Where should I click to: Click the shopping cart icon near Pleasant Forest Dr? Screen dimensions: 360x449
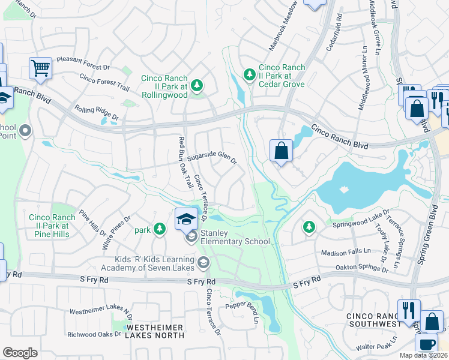(x=41, y=68)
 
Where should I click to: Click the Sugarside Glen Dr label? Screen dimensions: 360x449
(x=212, y=158)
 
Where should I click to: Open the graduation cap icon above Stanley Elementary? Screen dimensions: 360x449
(x=186, y=218)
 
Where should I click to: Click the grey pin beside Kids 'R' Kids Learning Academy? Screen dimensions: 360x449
(x=203, y=262)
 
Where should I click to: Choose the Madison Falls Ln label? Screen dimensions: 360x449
(x=346, y=252)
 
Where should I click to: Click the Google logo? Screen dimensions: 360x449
(x=20, y=353)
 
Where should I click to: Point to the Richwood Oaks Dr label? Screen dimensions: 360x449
(x=95, y=334)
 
